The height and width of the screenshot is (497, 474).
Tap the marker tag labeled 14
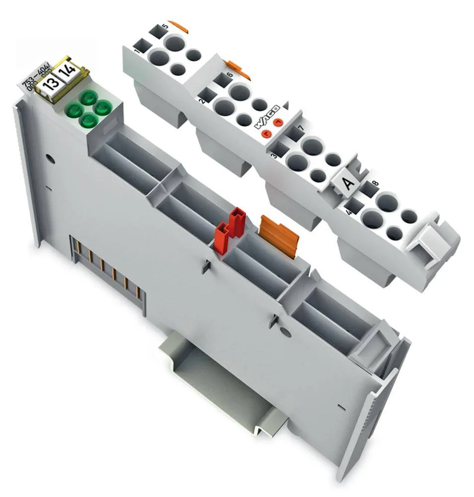click(67, 75)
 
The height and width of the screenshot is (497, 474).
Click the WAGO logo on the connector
click(267, 116)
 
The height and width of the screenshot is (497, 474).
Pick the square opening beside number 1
click(143, 46)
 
